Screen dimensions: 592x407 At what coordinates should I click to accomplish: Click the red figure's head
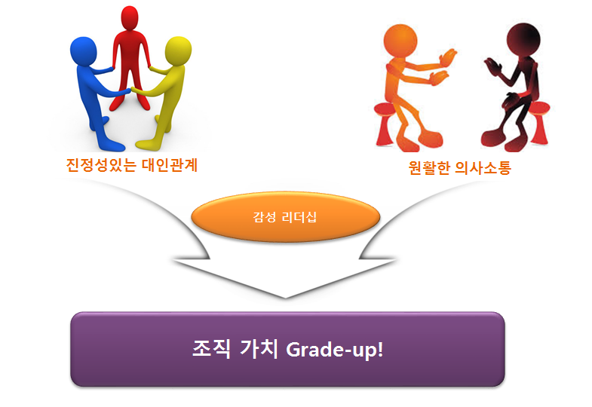130,18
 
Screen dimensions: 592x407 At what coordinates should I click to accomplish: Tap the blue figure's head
84,51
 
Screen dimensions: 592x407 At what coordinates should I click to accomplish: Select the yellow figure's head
178,50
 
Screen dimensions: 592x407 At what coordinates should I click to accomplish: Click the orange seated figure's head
400,41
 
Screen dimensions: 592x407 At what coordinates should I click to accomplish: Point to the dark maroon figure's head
523,40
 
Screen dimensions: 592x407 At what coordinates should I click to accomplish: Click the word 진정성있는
101,165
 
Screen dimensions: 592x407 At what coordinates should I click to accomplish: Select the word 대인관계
170,165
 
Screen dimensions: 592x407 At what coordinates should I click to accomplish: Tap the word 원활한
429,167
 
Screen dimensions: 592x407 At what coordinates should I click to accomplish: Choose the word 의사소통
483,167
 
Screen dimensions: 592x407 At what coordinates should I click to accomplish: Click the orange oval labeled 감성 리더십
285,217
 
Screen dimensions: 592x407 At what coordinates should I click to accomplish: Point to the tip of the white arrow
285,298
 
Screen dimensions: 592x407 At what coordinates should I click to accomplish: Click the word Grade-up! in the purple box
335,349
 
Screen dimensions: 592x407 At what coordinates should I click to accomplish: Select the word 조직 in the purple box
211,348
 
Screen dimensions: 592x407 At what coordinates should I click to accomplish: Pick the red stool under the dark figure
538,123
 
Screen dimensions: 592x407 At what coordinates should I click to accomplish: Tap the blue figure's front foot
112,145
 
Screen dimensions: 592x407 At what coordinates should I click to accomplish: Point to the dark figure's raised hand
493,66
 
